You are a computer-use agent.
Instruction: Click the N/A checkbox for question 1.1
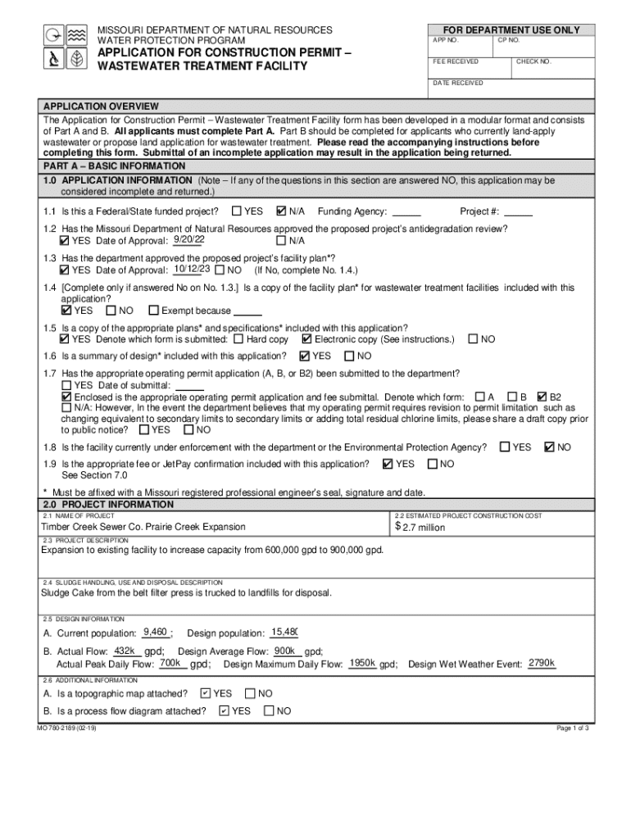click(282, 211)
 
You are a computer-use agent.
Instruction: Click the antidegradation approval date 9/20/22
click(188, 239)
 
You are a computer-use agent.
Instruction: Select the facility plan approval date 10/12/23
click(193, 269)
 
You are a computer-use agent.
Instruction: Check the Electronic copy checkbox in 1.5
click(306, 338)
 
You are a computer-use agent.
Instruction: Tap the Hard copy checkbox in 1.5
click(238, 338)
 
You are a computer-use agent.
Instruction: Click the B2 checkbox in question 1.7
click(542, 396)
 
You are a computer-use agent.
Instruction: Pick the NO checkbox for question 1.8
click(550, 447)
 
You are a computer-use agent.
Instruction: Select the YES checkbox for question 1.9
click(388, 464)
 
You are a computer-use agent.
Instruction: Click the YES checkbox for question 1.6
click(305, 356)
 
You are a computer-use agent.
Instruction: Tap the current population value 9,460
click(155, 632)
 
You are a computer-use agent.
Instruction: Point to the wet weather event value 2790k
click(542, 663)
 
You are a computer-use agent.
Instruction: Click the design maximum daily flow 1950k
click(361, 663)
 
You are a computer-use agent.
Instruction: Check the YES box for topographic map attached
click(205, 693)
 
